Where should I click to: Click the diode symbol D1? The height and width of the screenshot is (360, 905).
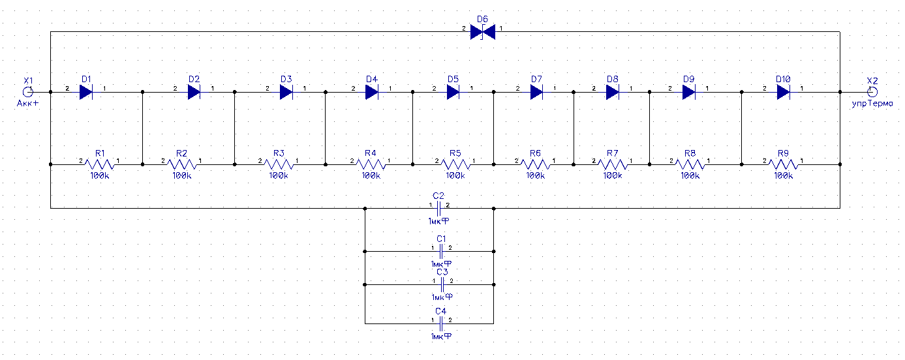pyautogui.click(x=86, y=93)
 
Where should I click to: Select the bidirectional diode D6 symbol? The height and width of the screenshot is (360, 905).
pyautogui.click(x=483, y=32)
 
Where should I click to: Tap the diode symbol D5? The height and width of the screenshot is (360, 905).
pyautogui.click(x=453, y=93)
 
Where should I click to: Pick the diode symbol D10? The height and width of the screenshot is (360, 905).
pyautogui.click(x=784, y=93)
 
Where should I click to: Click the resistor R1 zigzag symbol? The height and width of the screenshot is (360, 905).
pyautogui.click(x=100, y=164)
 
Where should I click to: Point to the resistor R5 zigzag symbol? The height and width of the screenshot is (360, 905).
pyautogui.click(x=455, y=164)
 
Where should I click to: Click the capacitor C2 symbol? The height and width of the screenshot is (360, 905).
pyautogui.click(x=439, y=209)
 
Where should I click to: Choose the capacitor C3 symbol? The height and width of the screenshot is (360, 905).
pyautogui.click(x=442, y=285)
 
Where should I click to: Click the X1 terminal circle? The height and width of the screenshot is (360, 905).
pyautogui.click(x=28, y=93)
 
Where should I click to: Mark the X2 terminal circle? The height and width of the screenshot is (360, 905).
pyautogui.click(x=872, y=93)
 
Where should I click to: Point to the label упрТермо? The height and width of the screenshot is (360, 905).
pyautogui.click(x=872, y=103)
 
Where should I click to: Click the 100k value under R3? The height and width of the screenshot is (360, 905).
pyautogui.click(x=279, y=175)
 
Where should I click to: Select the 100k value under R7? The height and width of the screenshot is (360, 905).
pyautogui.click(x=612, y=175)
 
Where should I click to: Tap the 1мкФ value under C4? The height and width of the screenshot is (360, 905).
pyautogui.click(x=442, y=337)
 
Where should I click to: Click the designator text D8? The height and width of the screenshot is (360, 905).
pyautogui.click(x=612, y=79)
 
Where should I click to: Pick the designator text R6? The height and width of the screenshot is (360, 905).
pyautogui.click(x=535, y=153)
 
